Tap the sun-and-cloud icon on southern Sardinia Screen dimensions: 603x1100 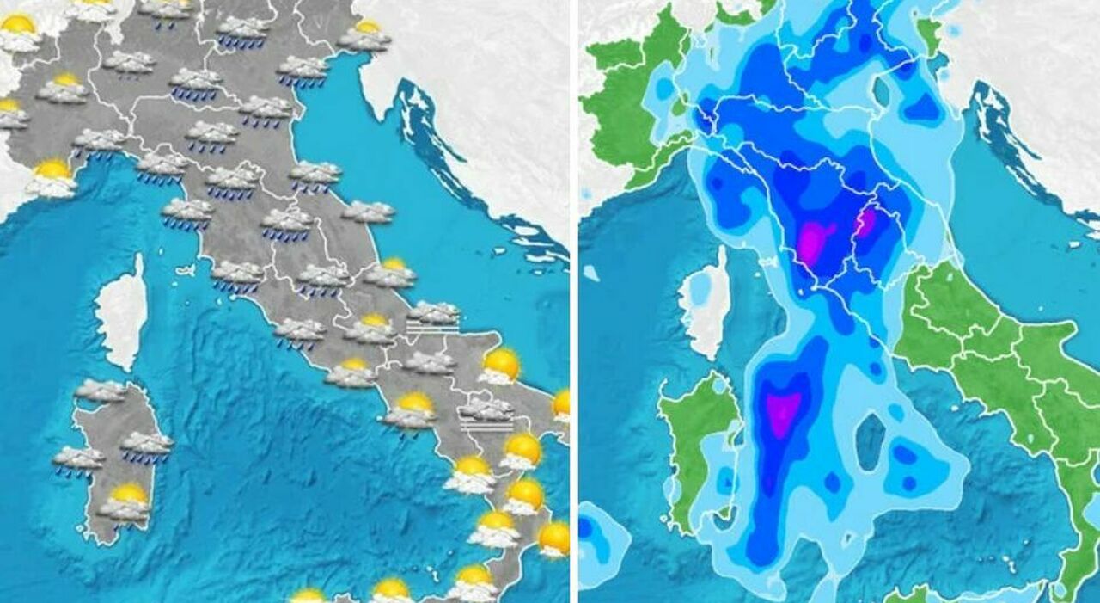pyautogui.click(x=126, y=502)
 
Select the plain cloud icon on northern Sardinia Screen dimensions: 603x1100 pyautogui.click(x=101, y=391)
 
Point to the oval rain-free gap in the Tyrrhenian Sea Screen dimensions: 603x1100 pyautogui.click(x=870, y=440)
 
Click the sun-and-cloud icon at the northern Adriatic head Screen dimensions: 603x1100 pyautogui.click(x=364, y=36)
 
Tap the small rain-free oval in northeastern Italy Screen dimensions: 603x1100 pyautogui.click(x=882, y=90)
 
